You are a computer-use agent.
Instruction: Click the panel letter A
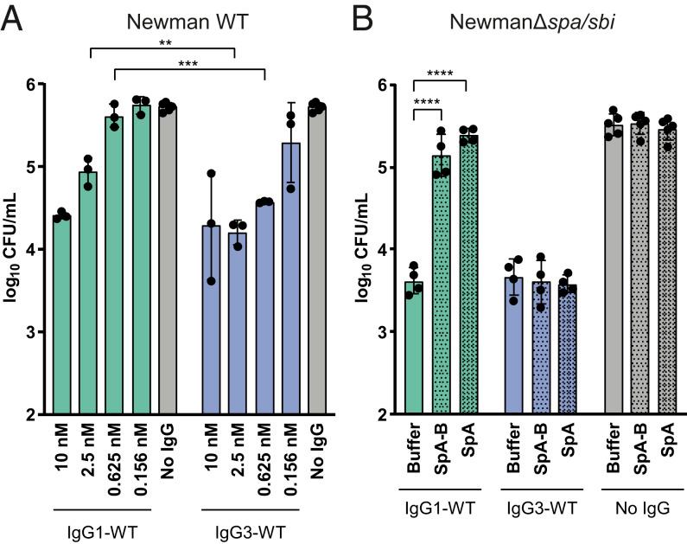point(14,17)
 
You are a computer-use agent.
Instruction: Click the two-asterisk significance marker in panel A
point(162,41)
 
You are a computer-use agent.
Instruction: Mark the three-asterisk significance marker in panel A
point(189,63)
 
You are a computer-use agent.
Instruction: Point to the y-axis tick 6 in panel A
point(36,84)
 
